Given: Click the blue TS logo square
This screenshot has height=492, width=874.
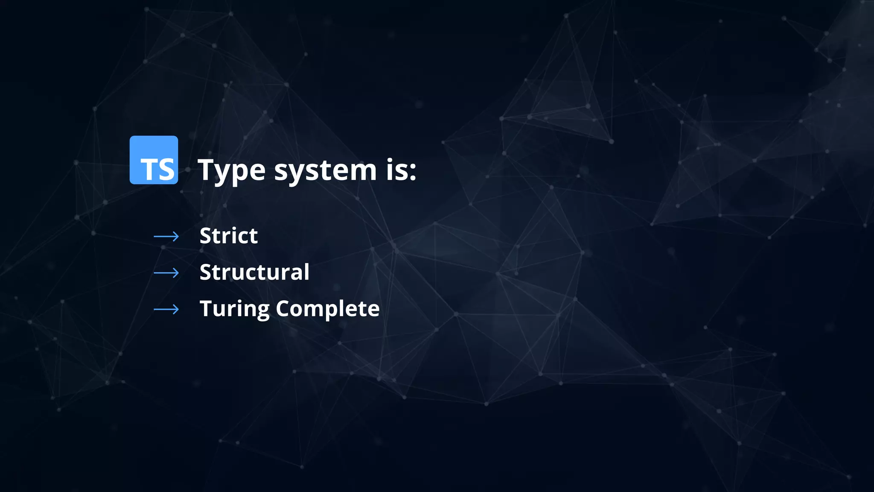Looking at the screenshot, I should (154, 160).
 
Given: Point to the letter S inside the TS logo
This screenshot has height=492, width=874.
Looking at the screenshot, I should (166, 170).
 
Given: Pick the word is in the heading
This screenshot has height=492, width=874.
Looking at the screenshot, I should (396, 170).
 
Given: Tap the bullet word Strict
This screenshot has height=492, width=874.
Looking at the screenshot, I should (228, 236).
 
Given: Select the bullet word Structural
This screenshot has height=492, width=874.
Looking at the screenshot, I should (254, 272).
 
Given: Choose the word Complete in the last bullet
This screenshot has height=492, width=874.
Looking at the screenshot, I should (327, 308).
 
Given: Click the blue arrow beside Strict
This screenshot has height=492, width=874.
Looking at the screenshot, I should (166, 236).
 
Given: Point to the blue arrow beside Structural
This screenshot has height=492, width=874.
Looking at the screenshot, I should (166, 272).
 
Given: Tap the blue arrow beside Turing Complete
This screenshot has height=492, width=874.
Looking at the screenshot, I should (166, 309).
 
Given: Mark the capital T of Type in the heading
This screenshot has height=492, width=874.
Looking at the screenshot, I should (207, 170).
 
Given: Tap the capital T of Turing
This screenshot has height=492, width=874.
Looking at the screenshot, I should (207, 308).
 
